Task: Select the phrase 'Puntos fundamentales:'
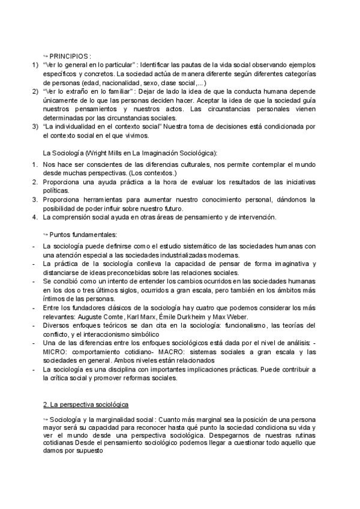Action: tap(76, 234)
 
